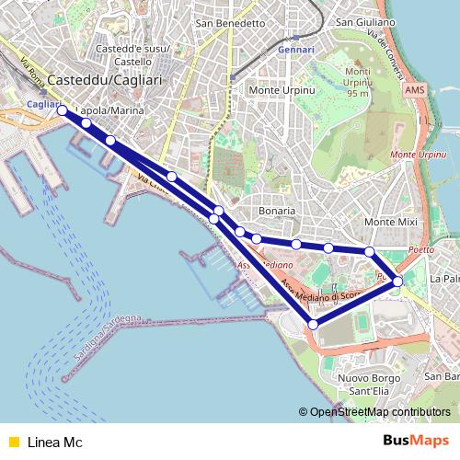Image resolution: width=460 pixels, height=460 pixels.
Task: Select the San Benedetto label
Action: pos(229,22)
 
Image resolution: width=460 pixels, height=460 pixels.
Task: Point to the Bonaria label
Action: pos(277,211)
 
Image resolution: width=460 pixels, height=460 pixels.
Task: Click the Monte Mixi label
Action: pos(390,223)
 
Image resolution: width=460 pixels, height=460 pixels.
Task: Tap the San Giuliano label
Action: pos(365,22)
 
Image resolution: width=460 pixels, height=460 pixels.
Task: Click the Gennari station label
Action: pos(295,49)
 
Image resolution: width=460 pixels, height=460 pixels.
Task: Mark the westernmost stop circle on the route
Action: pos(63,110)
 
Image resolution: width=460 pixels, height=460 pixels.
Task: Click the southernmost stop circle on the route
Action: pos(313,324)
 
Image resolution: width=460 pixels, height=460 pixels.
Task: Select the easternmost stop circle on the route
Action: pos(397,281)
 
